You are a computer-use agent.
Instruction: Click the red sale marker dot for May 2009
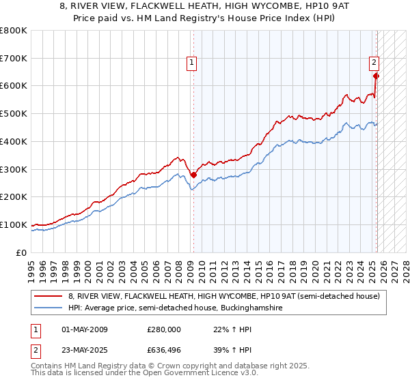point(193,175)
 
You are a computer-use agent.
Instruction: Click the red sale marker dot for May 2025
point(376,76)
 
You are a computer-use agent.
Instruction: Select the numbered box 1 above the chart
point(192,63)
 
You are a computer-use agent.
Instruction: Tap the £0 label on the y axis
point(22,252)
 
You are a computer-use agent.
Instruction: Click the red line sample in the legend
point(49,295)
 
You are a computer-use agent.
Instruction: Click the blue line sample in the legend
point(49,308)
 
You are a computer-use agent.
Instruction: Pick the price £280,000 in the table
point(164,329)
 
